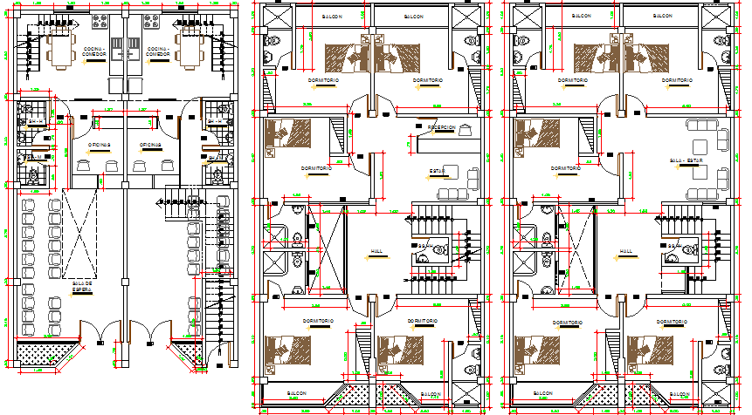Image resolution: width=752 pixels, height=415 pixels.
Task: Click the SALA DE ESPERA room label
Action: point(83,285)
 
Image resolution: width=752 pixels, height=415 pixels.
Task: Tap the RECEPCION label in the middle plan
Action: point(442,126)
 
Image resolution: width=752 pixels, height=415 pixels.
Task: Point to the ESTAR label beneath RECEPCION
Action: point(437,170)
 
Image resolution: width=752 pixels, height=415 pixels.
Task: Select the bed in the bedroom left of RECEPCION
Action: point(288,135)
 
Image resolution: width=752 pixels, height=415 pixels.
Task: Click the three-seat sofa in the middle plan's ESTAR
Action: point(457,194)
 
